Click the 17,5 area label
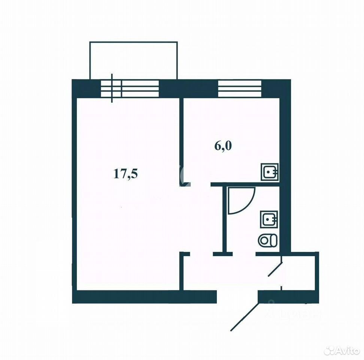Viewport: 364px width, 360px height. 125,174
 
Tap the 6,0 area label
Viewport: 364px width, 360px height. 223,146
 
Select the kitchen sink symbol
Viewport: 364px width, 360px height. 270,172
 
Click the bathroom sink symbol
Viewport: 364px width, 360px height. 269,219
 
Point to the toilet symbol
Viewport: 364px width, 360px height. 267,240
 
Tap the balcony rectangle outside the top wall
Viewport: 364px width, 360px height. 133,42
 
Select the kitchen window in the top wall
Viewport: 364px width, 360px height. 240,88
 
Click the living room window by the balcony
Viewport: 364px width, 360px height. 130,88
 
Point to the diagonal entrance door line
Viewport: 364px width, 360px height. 245,317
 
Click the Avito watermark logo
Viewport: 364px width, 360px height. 342,351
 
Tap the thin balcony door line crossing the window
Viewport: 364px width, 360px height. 112,88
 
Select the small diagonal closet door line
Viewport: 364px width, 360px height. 275,269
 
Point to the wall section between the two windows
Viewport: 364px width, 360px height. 188,88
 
